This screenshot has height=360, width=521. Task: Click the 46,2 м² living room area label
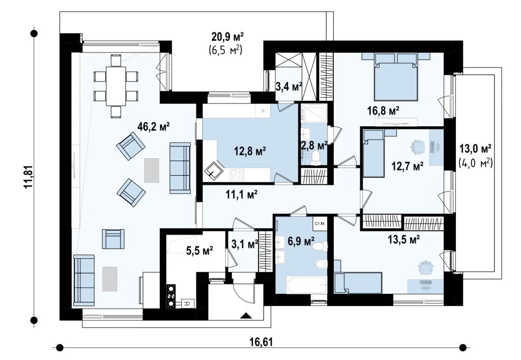click(154, 127)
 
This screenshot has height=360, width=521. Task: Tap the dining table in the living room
click(115, 86)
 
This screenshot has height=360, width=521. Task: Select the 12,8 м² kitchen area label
click(250, 152)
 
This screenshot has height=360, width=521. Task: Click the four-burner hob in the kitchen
click(237, 175)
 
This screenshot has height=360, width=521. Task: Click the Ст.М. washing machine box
click(320, 224)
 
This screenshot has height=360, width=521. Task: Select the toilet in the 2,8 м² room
click(316, 157)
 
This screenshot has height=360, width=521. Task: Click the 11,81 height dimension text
click(29, 177)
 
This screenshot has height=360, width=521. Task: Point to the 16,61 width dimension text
click(260, 342)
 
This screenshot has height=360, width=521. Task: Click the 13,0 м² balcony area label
click(475, 148)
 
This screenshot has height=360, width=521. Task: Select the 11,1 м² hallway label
click(242, 195)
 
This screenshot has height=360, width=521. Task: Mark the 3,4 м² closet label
click(289, 87)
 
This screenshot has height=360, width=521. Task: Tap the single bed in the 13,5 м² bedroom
click(358, 283)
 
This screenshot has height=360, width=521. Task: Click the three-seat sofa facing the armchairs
click(180, 168)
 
